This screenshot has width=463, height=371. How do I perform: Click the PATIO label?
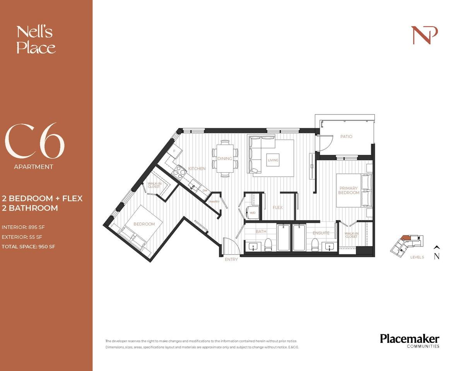click(346, 136)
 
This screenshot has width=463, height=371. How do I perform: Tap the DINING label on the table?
click(225, 158)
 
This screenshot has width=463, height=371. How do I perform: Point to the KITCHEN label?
click(197, 168)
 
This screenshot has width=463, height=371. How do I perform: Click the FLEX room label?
click(277, 208)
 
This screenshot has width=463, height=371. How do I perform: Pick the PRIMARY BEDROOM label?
click(349, 190)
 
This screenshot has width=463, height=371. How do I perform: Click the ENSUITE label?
click(321, 233)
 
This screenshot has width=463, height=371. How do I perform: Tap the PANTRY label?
click(214, 202)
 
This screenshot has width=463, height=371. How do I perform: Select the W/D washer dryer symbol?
click(252, 213)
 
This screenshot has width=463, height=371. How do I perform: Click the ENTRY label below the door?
click(231, 259)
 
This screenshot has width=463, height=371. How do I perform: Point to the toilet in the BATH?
click(267, 244)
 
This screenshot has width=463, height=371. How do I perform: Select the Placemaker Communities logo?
click(409, 341)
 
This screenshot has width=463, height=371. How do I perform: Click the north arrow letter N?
click(436, 256)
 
